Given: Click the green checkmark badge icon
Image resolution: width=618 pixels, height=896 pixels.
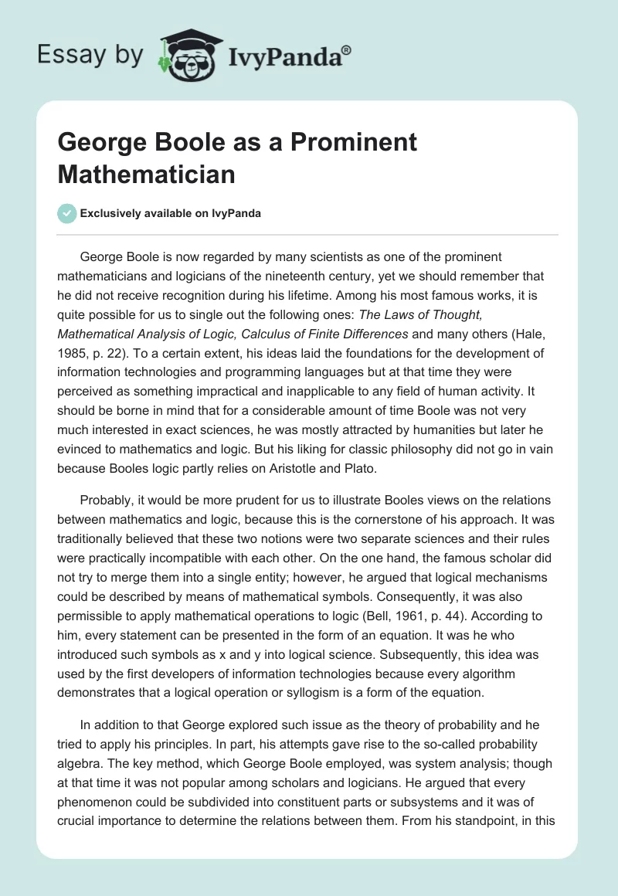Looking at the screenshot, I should (x=67, y=214).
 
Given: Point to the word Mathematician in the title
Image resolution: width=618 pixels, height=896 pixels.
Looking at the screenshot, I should (x=146, y=174).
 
